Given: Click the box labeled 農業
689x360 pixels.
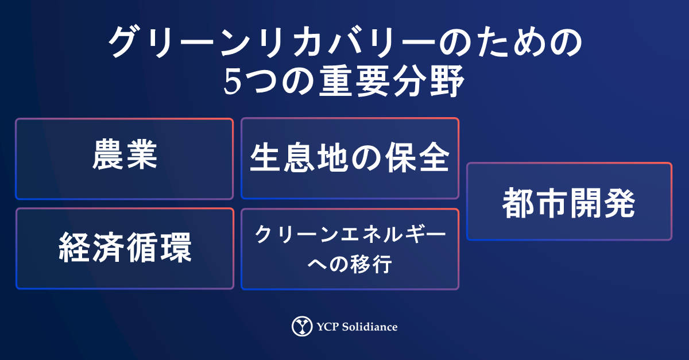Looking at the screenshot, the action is pyautogui.click(x=124, y=159).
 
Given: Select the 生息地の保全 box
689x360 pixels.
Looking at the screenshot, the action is pyautogui.click(x=350, y=158).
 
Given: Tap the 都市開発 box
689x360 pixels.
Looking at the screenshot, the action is pyautogui.click(x=569, y=201).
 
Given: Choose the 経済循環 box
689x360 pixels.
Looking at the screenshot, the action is pyautogui.click(x=125, y=249).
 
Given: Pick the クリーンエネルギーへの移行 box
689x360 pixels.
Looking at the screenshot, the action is pyautogui.click(x=350, y=249).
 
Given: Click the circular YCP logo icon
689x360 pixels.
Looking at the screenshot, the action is pyautogui.click(x=302, y=326).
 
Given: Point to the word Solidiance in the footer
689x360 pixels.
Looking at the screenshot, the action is pyautogui.click(x=369, y=327).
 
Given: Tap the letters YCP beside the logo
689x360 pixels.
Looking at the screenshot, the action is pyautogui.click(x=328, y=327).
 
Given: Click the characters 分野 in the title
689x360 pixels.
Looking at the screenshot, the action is pyautogui.click(x=429, y=82).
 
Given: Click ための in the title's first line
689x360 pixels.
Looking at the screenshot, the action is pyautogui.click(x=510, y=42).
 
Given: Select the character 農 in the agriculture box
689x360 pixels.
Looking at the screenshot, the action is pyautogui.click(x=107, y=154).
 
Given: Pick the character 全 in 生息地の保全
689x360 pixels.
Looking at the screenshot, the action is pyautogui.click(x=434, y=157).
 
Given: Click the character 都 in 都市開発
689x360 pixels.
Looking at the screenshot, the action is pyautogui.click(x=518, y=203).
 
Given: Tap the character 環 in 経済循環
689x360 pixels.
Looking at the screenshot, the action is pyautogui.click(x=176, y=247).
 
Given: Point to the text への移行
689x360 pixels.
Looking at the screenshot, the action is pyautogui.click(x=350, y=264).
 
